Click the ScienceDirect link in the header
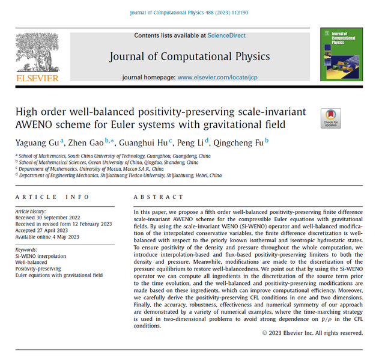click(x=227, y=35)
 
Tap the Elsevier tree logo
click(x=37, y=52)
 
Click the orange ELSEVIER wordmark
click(x=37, y=78)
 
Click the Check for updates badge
click(x=330, y=118)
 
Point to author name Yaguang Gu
click(x=35, y=142)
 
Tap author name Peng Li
click(x=191, y=142)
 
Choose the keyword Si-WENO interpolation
click(x=41, y=255)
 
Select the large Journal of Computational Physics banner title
click(x=189, y=56)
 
